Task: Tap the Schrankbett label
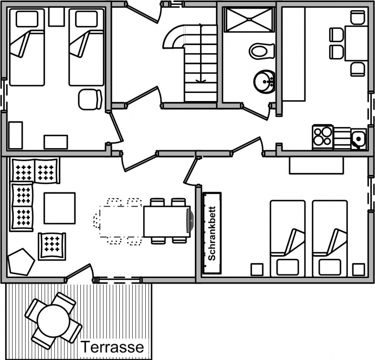click(212, 233)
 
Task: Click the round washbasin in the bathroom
click(264, 82)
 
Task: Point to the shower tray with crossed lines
click(249, 19)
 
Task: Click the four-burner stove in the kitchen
click(322, 137)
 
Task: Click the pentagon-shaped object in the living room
click(21, 262)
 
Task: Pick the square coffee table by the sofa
click(59, 208)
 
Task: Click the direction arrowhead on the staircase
click(201, 81)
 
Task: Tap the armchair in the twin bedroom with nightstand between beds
click(90, 99)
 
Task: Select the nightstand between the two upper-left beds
click(56, 17)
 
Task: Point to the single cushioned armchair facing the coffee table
click(52, 246)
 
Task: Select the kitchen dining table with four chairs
click(356, 44)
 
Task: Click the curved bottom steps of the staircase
click(174, 37)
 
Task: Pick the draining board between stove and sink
click(342, 138)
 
